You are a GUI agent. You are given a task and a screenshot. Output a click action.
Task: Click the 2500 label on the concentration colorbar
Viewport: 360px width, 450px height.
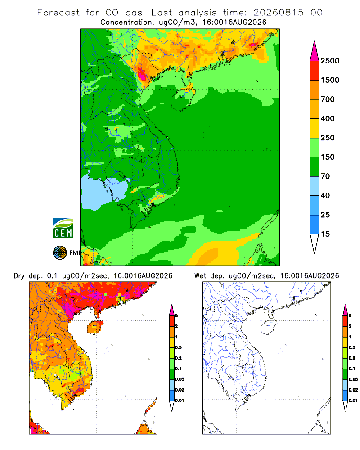tap(330, 61)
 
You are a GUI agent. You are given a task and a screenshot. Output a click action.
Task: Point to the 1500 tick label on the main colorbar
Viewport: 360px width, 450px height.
tap(330, 80)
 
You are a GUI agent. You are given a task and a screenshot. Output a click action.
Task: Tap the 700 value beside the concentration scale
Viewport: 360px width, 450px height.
tap(328, 99)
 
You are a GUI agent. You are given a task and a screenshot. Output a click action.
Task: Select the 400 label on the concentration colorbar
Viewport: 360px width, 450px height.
tap(328, 118)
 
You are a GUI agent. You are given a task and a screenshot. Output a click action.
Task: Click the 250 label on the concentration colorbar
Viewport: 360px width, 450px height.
tap(328, 138)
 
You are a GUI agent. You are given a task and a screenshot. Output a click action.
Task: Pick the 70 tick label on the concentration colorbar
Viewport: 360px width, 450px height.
tap(325, 176)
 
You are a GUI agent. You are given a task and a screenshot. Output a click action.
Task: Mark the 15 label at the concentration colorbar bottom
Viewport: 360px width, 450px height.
tap(325, 234)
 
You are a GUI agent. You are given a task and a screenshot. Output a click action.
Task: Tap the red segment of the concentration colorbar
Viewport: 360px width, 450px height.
tap(315, 71)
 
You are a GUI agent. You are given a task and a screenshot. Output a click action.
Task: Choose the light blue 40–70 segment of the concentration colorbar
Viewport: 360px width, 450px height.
tap(315, 186)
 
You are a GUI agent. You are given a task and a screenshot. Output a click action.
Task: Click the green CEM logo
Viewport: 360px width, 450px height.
tap(63, 229)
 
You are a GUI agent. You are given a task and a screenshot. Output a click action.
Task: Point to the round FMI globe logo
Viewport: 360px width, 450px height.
tap(60, 253)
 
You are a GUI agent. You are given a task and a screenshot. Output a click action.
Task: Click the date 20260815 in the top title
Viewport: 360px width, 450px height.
tap(278, 12)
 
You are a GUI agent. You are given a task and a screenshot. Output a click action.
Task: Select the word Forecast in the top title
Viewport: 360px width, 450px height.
tap(58, 13)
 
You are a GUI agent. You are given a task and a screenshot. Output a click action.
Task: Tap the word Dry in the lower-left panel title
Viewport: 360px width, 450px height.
tap(19, 276)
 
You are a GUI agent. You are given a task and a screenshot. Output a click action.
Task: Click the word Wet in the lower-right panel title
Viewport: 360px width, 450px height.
tap(200, 276)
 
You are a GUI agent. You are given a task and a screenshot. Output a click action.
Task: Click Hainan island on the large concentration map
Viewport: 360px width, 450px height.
tap(182, 99)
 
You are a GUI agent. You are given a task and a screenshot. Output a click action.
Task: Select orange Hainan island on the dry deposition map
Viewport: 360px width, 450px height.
tap(95, 328)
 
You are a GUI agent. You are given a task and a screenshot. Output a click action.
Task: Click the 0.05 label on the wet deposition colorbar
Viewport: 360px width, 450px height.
tap(353, 379)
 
